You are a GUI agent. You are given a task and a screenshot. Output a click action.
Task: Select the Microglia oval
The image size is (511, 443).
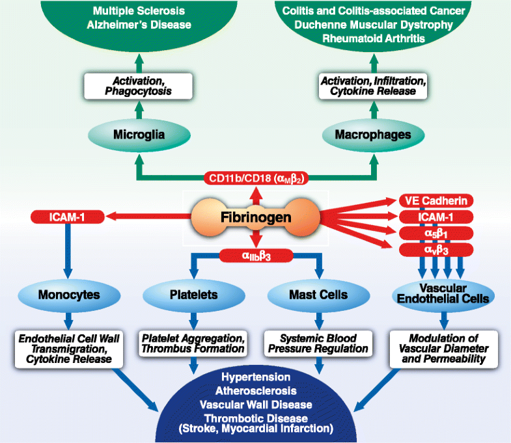pyautogui.click(x=138, y=135)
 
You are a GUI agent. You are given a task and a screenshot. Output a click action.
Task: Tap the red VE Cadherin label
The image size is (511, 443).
pyautogui.click(x=435, y=201)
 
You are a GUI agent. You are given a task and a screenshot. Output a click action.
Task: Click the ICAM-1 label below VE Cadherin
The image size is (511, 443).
pyautogui.click(x=435, y=217)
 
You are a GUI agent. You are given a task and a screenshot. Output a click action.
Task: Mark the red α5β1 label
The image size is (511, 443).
pyautogui.click(x=435, y=234)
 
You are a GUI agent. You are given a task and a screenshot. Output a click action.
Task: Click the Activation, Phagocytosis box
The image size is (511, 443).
pyautogui.click(x=138, y=86)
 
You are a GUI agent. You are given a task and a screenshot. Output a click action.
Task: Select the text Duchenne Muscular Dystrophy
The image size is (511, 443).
pyautogui.click(x=372, y=25)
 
